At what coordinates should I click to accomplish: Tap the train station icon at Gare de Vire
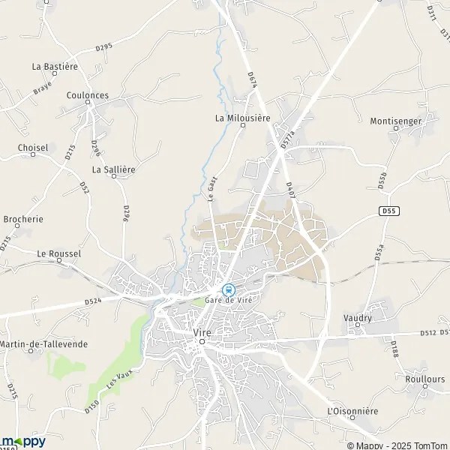tap(229, 289)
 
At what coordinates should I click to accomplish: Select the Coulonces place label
tap(87, 95)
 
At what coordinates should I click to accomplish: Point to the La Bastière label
tap(55, 66)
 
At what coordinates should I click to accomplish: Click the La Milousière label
tap(241, 117)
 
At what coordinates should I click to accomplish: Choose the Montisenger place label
tap(396, 120)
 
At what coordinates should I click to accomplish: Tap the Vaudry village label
tap(358, 318)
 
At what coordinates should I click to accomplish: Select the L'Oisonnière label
tap(352, 412)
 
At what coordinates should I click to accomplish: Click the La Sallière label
tap(113, 169)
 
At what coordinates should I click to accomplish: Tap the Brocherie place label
tap(23, 219)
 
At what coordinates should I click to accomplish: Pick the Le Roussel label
tap(58, 253)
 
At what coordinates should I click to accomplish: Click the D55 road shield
tap(388, 211)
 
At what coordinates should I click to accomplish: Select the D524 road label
tap(93, 301)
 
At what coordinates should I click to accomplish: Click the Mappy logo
tap(23, 441)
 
